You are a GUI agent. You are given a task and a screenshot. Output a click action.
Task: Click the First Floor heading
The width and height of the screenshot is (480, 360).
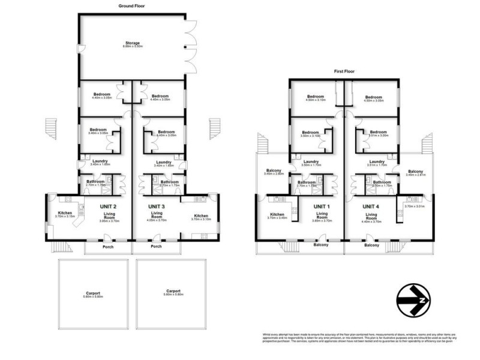[x=344, y=71]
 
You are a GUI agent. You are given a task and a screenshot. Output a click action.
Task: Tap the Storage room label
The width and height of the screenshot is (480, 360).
[x=132, y=43]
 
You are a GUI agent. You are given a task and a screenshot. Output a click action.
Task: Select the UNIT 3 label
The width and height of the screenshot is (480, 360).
[x=157, y=206]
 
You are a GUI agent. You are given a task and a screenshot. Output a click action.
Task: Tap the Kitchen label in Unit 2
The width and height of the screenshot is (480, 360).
[x=65, y=213]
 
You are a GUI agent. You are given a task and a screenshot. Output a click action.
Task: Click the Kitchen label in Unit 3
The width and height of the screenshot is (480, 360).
[x=201, y=215]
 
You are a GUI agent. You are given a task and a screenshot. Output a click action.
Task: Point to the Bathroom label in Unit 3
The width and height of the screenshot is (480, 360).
[x=170, y=182]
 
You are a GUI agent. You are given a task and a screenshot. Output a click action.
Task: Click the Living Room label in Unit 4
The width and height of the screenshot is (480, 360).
[x=371, y=216]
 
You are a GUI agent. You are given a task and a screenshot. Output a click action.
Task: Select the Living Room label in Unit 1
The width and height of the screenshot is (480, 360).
[x=322, y=216]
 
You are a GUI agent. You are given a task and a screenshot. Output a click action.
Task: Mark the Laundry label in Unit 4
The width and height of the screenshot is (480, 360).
[x=377, y=161]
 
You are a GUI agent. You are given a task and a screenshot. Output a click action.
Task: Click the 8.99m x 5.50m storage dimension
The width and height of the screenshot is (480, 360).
[x=132, y=47]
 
